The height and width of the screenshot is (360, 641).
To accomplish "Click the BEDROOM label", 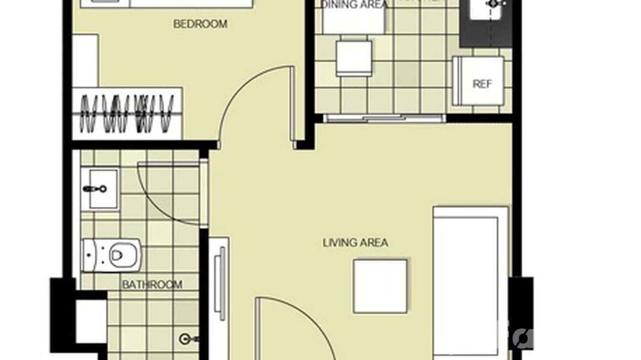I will pos(200,23).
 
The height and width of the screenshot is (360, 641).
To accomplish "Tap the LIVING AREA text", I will pos(355,243).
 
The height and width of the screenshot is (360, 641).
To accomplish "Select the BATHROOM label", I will pos(152,285).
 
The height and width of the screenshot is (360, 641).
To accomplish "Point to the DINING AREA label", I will pos(354,5).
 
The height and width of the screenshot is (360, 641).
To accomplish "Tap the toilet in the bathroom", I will pos(112,255).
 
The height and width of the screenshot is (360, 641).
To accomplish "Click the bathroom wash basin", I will pos(101,189).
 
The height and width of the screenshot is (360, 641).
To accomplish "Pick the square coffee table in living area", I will pos(380,286).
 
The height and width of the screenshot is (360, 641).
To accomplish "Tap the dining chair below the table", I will pos(354,58).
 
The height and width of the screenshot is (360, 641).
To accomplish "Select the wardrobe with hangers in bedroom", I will pos(127,114).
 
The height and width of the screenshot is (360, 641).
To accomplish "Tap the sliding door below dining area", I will pos(385,118).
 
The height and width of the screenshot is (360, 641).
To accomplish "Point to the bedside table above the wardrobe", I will pos(86,60).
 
